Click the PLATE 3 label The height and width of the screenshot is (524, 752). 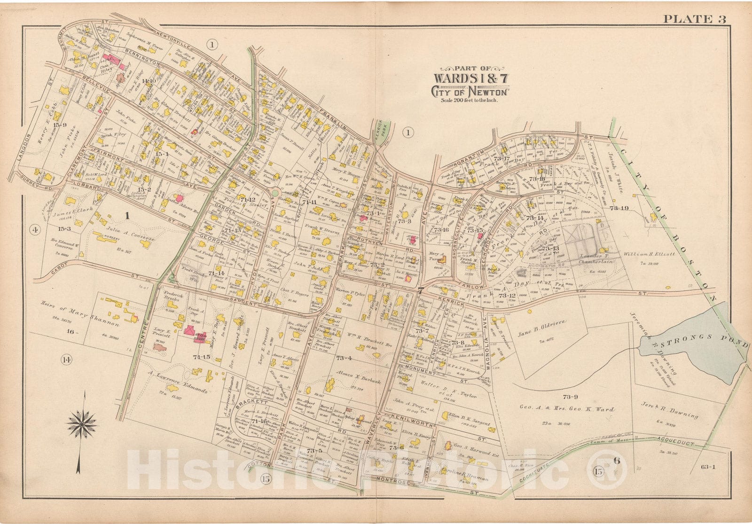694,19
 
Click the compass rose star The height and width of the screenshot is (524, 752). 82,422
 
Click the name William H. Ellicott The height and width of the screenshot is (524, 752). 650,254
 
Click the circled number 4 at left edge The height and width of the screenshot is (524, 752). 34,230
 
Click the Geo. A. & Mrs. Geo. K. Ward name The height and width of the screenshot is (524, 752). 566,409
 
